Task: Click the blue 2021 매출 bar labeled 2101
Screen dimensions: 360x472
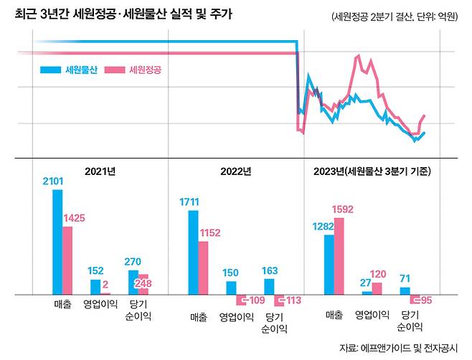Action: tap(57, 242)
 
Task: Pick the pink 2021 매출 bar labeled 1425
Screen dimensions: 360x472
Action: tap(67, 260)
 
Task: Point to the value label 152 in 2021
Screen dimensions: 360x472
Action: tap(95, 271)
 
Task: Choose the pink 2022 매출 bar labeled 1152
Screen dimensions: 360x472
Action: tap(203, 267)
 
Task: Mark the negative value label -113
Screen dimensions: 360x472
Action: tap(291, 300)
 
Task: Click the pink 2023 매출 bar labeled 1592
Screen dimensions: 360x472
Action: tap(339, 255)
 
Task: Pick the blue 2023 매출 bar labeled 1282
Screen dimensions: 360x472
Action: tap(329, 264)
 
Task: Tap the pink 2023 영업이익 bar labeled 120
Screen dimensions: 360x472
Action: tap(377, 288)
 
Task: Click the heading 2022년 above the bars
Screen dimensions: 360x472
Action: tap(237, 171)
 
